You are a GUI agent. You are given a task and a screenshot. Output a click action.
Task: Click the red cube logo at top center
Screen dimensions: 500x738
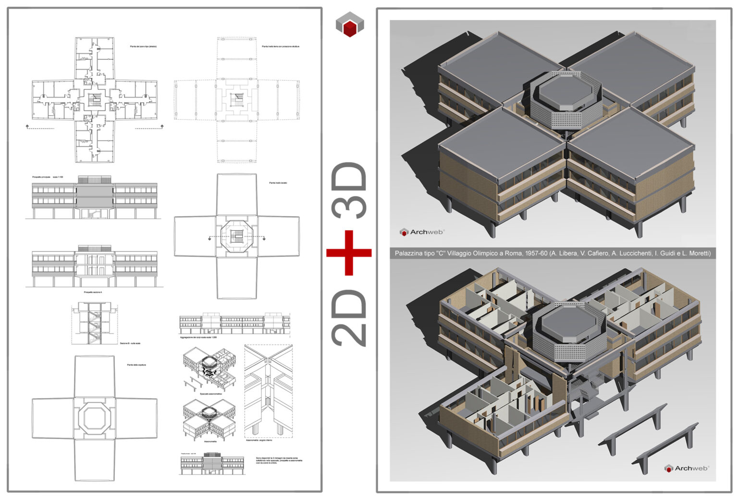coord(349,25)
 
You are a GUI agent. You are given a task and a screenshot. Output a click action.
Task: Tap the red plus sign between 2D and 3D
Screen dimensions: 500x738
coord(349,252)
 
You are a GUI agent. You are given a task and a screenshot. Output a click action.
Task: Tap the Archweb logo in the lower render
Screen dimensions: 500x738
coord(687,468)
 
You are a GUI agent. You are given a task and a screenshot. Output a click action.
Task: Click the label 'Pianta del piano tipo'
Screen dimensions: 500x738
coord(143,47)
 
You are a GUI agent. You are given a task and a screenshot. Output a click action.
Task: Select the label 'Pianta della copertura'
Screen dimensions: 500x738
coord(136,365)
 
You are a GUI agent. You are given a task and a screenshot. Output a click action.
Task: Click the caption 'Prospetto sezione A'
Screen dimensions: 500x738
coord(93,292)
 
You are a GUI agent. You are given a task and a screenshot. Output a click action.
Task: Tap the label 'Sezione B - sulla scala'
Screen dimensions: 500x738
coord(130,343)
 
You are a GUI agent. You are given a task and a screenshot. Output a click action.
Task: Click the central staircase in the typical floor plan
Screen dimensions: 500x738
coord(95,100)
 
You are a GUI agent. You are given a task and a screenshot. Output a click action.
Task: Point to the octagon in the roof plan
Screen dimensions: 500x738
coord(95,418)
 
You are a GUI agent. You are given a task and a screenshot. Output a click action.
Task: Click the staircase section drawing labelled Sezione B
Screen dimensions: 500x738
coord(94,323)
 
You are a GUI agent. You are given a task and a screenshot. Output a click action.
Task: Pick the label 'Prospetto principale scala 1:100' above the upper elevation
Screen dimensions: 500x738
coord(48,177)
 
